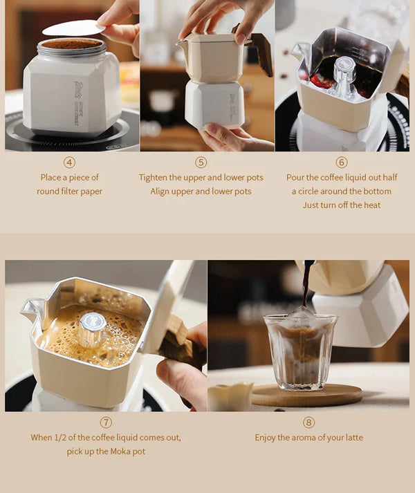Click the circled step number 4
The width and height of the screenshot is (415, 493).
point(69,162)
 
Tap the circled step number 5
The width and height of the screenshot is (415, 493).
point(201,162)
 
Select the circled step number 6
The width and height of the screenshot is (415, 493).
point(342,162)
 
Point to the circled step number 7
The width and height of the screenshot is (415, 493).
point(106,422)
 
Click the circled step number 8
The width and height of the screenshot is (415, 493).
point(308,422)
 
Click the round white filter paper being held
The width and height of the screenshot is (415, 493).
point(73,28)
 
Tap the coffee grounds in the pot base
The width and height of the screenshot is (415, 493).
point(72,44)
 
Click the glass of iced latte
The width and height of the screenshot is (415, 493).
point(300,349)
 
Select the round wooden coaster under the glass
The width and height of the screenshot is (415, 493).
point(307,396)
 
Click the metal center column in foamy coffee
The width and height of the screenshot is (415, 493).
point(92,328)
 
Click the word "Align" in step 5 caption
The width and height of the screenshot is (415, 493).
point(161,192)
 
